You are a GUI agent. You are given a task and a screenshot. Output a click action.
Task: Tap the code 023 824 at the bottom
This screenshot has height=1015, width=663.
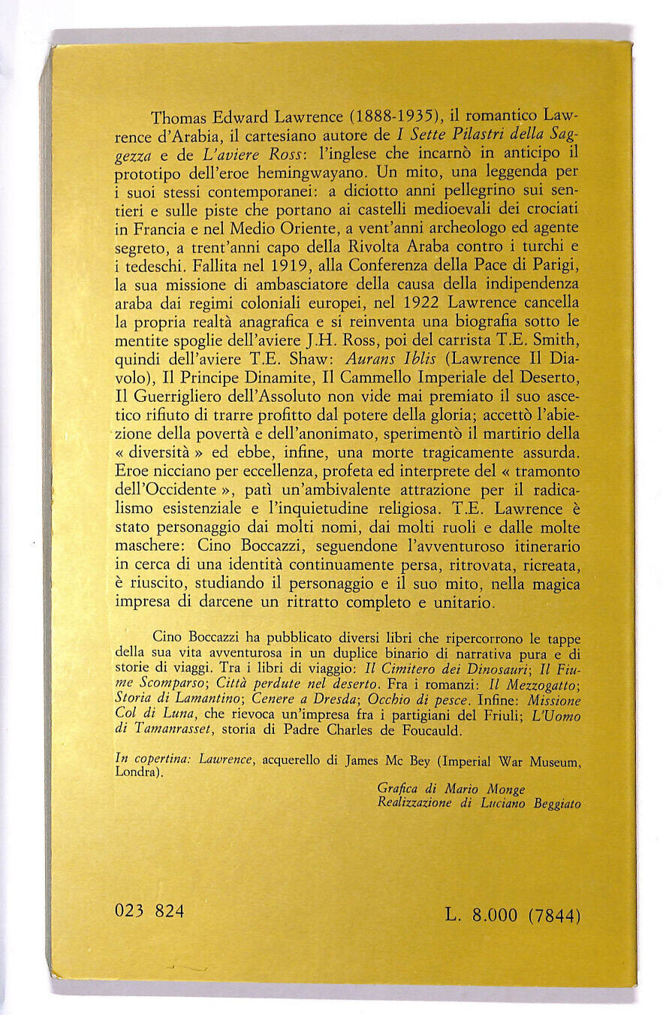[150, 911]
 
